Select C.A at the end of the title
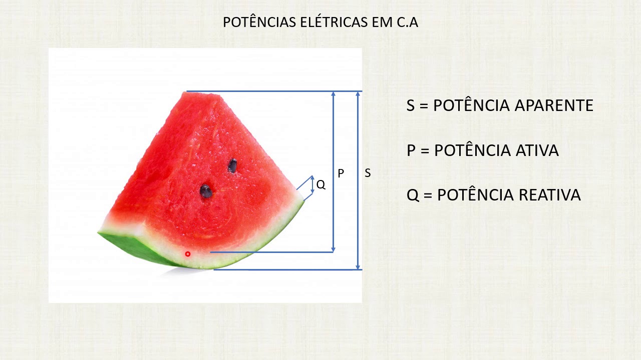pos(407,22)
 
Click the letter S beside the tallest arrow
pos(368,173)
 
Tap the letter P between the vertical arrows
pos(341,173)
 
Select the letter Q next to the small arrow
pos(321,185)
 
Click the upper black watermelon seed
pos(232,165)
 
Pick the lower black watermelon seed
pos(206,190)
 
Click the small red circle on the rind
pos(188,254)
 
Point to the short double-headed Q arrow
pos(312,184)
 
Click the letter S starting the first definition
pos(411,105)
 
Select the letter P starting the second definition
pos(411,150)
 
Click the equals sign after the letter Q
pos(428,195)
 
